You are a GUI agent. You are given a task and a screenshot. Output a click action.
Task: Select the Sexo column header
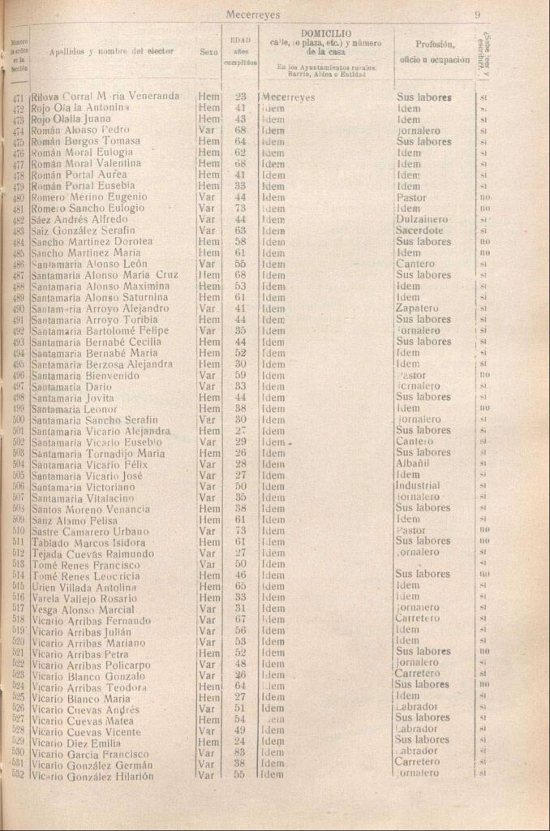(x=208, y=50)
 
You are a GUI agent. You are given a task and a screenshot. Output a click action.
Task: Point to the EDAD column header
(x=240, y=38)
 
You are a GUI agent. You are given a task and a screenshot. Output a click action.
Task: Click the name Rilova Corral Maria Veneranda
(x=105, y=96)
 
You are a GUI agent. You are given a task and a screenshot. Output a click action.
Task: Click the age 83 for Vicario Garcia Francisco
(x=240, y=751)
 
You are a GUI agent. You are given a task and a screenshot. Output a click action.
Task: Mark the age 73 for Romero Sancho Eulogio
(x=240, y=208)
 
